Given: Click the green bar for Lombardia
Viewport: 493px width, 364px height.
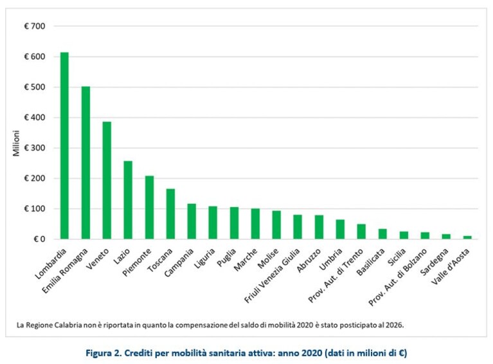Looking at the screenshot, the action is (64, 145).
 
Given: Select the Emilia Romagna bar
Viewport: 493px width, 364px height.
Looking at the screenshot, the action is (85, 163).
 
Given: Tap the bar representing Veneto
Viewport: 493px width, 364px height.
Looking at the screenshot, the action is (107, 180).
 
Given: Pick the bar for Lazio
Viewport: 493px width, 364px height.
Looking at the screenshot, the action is (128, 200).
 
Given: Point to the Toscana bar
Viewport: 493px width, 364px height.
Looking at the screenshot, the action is (170, 214).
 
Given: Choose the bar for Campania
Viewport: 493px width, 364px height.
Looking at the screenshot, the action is (192, 221).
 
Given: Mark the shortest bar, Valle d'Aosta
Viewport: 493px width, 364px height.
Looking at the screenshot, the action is (467, 237).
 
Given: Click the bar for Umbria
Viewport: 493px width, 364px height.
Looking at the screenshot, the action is (340, 230).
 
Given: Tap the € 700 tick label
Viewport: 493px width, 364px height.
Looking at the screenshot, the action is (35, 26).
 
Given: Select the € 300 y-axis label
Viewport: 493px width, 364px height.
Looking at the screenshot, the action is (35, 148).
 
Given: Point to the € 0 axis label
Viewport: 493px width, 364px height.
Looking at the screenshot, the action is (39, 239).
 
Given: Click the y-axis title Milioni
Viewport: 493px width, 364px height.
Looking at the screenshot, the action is (16, 143).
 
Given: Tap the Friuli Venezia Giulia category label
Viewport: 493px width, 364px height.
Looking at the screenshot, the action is (272, 275).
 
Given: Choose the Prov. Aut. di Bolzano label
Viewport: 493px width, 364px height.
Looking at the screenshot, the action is (397, 277).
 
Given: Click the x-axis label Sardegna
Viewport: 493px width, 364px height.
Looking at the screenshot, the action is (435, 262).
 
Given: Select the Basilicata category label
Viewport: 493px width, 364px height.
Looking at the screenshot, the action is (371, 262).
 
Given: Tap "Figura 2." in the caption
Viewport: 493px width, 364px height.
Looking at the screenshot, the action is (103, 353).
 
